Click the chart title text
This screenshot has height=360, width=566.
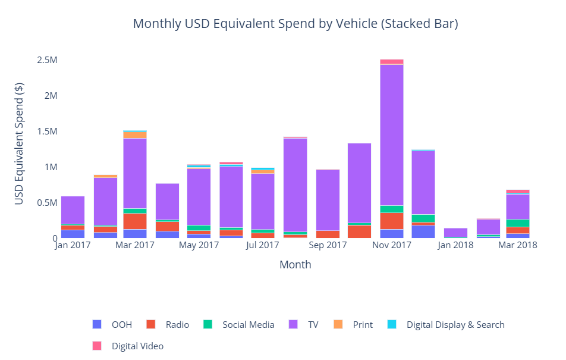tap(295, 24)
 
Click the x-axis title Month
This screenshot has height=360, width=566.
tap(295, 265)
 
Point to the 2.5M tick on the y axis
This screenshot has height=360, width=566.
tap(47, 60)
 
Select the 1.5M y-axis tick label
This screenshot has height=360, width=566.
tap(47, 132)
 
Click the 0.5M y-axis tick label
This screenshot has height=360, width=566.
tap(47, 203)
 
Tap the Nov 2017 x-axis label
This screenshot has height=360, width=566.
tap(392, 245)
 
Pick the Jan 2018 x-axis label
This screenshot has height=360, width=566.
tap(455, 245)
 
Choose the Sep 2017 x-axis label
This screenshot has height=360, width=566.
tap(328, 245)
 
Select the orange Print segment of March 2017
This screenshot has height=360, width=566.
tap(135, 135)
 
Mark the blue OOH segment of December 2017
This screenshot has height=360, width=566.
tap(423, 231)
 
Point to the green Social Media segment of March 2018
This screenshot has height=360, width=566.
tap(518, 223)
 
